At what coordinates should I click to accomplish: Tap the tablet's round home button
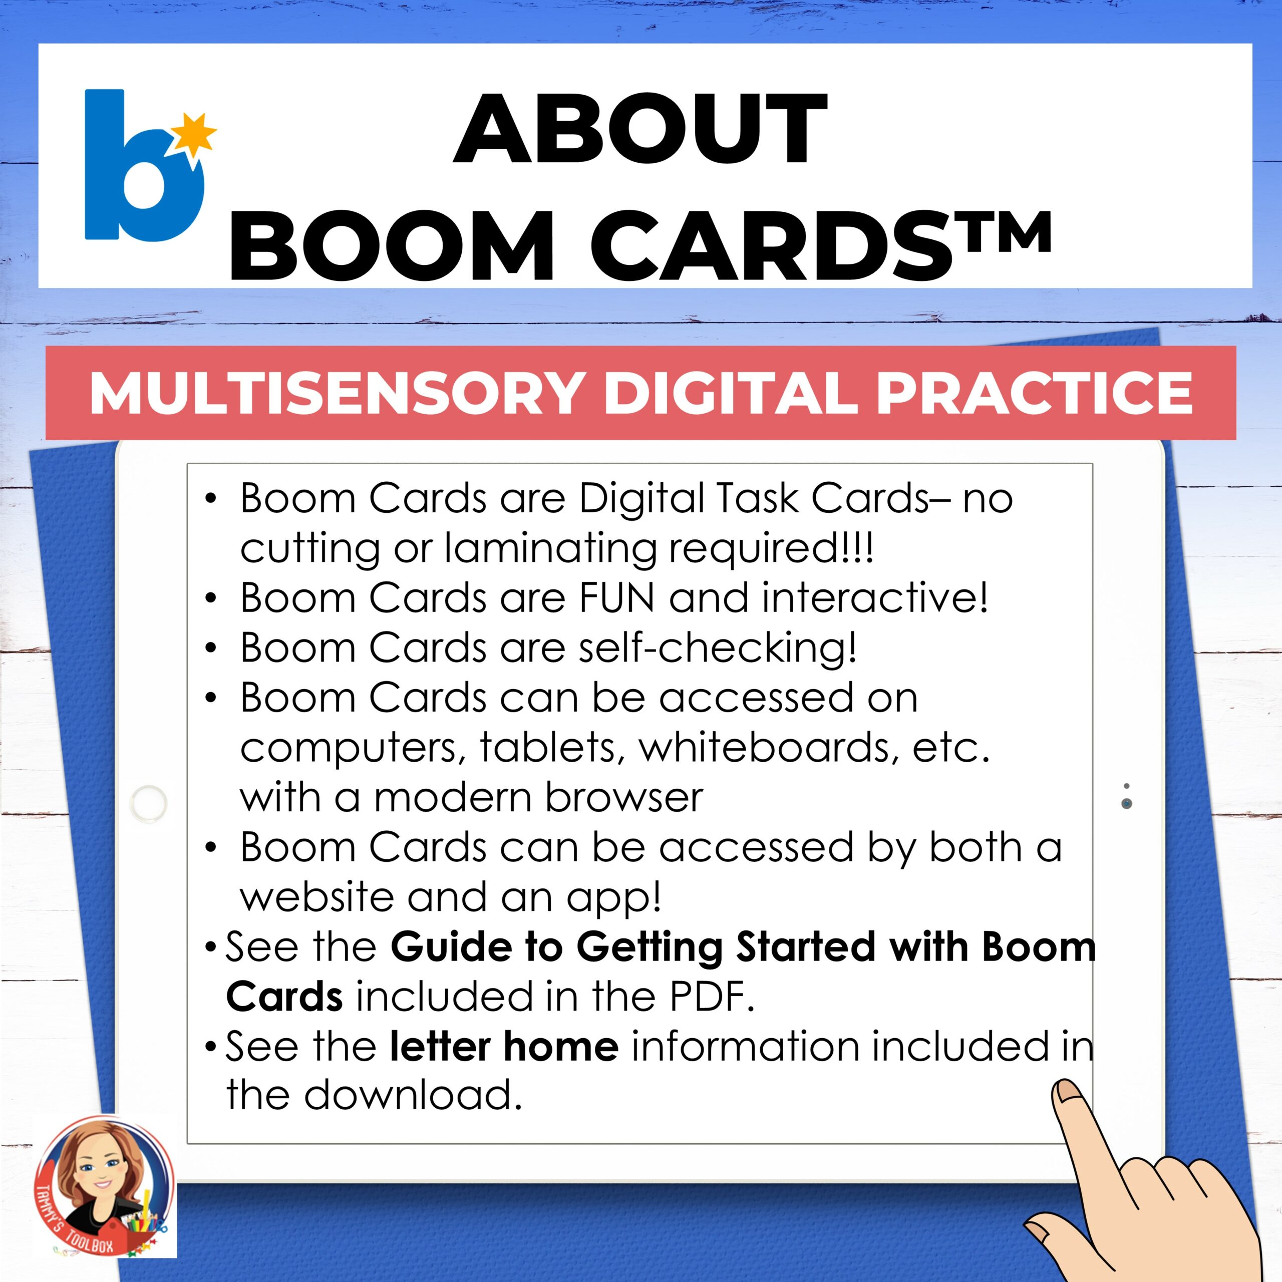149,802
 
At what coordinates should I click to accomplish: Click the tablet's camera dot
1126,803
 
